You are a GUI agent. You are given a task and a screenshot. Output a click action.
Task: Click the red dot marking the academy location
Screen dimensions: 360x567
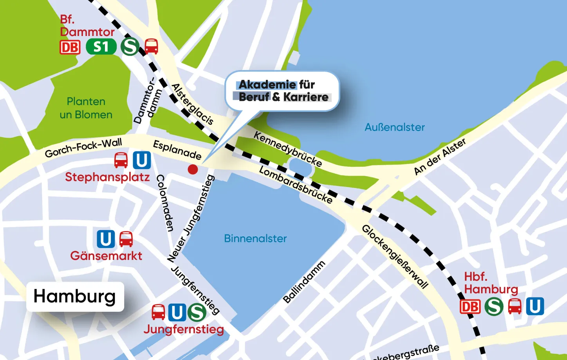[193, 169]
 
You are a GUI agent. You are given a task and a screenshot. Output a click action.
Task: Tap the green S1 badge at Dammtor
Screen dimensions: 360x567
[101, 47]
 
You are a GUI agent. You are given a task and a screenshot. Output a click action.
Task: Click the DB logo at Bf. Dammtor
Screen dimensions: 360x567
[70, 47]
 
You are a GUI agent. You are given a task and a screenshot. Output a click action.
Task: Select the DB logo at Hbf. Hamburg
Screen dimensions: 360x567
[470, 306]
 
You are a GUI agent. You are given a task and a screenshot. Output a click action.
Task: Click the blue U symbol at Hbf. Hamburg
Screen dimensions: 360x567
[535, 306]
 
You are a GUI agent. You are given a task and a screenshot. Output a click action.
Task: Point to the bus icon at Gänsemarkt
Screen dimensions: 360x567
[126, 239]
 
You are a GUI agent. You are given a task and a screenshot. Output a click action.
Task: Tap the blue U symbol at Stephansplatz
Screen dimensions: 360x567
[142, 160]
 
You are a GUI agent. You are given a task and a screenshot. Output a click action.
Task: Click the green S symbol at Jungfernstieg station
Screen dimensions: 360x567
[197, 312]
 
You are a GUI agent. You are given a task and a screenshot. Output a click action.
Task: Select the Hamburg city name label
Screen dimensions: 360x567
[75, 296]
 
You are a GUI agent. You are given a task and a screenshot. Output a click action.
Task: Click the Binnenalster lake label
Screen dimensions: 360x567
[255, 238]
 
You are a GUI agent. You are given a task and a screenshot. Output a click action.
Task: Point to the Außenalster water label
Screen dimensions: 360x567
[394, 127]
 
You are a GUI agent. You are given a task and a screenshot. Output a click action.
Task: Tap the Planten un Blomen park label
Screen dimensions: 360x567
[86, 108]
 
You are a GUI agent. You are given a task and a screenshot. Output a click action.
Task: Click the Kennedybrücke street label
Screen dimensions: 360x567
[288, 149]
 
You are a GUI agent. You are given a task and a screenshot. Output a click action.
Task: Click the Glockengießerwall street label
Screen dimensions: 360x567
[395, 256]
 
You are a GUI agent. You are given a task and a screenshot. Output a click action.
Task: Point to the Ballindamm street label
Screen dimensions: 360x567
[304, 282]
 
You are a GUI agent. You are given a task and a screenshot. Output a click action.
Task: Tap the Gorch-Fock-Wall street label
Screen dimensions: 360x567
[83, 148]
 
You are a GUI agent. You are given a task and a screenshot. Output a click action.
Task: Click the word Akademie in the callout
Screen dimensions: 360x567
[267, 85]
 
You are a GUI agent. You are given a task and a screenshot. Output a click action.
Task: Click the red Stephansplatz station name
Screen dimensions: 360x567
[107, 177]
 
